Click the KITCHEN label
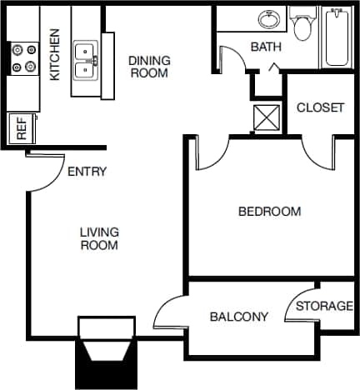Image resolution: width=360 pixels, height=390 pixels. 55,55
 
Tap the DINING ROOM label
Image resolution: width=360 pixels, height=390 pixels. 149,67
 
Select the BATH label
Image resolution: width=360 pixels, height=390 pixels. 265,47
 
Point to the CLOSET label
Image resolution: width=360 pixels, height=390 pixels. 320,107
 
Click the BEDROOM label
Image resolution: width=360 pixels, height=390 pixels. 269,212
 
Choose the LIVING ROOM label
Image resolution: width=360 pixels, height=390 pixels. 99,238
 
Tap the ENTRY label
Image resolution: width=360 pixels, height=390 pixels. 87,172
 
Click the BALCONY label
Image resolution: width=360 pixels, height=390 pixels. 239,317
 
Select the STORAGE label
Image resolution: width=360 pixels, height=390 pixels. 325,306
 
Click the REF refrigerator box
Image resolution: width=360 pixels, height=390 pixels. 20,129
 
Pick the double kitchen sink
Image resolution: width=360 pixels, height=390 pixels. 86,59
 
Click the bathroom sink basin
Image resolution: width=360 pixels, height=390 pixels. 268,20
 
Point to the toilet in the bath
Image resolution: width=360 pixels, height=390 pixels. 301,25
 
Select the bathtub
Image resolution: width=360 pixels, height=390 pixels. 337,37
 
